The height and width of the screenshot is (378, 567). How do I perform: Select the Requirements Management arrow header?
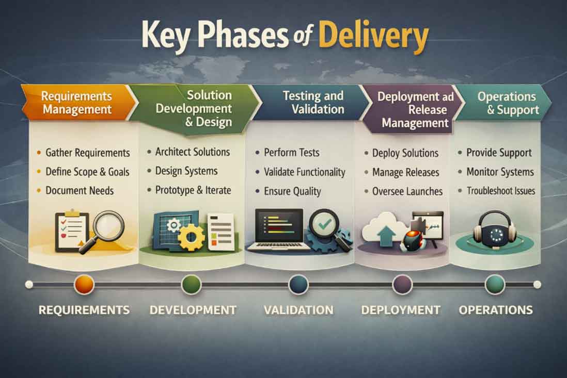coord(76,102)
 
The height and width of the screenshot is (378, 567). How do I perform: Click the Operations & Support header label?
coord(506,103)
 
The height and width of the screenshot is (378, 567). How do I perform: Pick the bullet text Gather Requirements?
coord(87,153)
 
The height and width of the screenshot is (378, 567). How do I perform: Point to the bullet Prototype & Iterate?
coord(193,190)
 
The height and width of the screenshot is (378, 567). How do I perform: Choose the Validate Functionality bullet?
coord(304,172)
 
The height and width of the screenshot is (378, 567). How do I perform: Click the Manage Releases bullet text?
coord(405,172)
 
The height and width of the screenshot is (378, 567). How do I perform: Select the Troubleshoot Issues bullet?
coord(500,191)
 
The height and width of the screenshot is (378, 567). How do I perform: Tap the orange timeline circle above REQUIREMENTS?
coord(84,284)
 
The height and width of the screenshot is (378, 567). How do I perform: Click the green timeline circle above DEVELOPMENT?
coord(191,284)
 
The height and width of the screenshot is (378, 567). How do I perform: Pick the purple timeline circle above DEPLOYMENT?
coord(402,284)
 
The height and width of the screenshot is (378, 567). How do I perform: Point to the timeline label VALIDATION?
coord(298,310)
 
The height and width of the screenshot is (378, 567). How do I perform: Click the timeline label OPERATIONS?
coord(496,310)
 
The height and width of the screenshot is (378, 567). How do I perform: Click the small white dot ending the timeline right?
coord(537,284)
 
